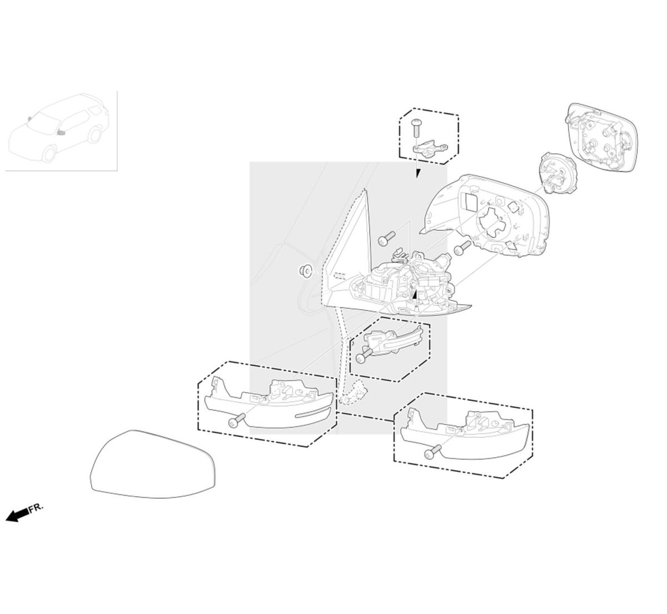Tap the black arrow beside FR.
tap(17, 515)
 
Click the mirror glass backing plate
tap(601, 138)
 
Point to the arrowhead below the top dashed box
tap(419, 174)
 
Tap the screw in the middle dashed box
tap(364, 355)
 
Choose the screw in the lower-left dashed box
tap(237, 420)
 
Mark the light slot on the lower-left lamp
tap(312, 414)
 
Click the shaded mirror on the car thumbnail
tap(61, 132)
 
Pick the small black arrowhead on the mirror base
tap(414, 294)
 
